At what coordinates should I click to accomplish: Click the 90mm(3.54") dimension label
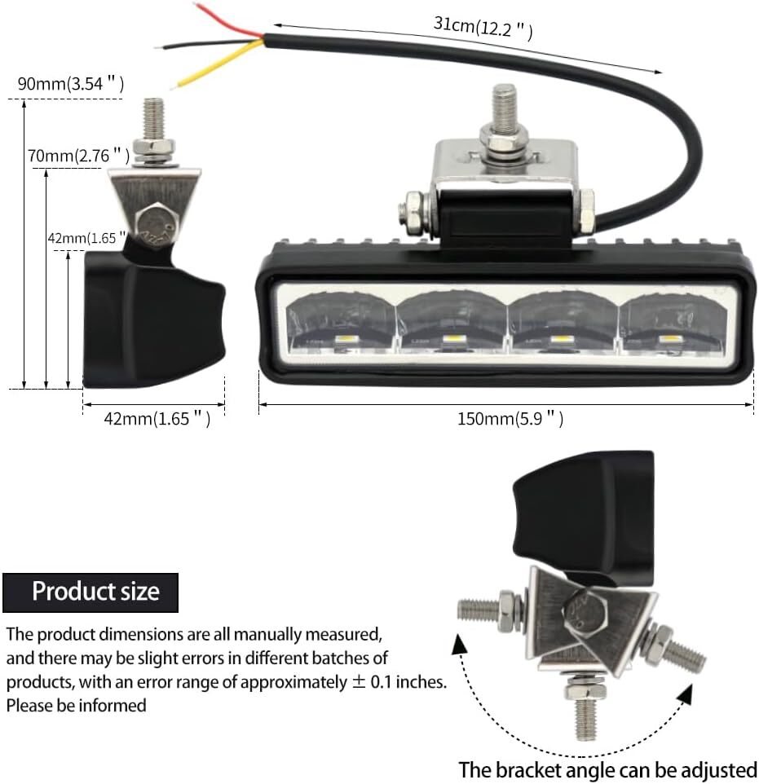tap(71, 83)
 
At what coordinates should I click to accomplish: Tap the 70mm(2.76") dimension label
tap(78, 156)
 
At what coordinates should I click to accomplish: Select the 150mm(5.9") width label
tap(510, 419)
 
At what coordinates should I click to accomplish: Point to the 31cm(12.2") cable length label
tap(483, 27)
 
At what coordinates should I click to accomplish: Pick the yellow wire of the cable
tap(218, 65)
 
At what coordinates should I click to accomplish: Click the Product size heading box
tap(90, 592)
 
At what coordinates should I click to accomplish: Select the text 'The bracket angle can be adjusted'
tap(608, 769)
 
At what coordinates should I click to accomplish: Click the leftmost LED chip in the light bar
tap(345, 341)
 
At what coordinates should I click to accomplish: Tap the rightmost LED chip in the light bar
tap(669, 341)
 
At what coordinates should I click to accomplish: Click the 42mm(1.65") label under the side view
tap(157, 419)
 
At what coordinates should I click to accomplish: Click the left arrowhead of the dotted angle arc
tap(460, 644)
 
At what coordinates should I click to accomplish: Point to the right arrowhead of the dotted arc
tap(685, 694)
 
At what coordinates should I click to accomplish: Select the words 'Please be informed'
tap(76, 706)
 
